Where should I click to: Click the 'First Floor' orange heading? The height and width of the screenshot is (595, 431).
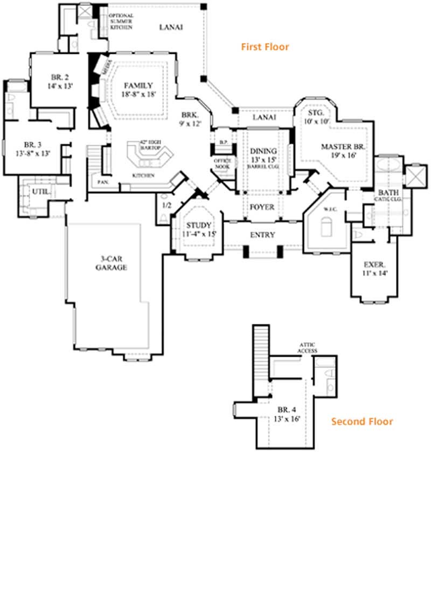coord(265,47)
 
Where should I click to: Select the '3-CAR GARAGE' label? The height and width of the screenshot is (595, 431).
coord(112,263)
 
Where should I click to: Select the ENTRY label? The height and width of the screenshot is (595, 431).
coord(262,235)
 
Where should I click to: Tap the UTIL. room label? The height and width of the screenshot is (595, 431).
coord(37,192)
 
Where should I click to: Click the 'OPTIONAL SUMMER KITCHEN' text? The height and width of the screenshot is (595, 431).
coord(121,21)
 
